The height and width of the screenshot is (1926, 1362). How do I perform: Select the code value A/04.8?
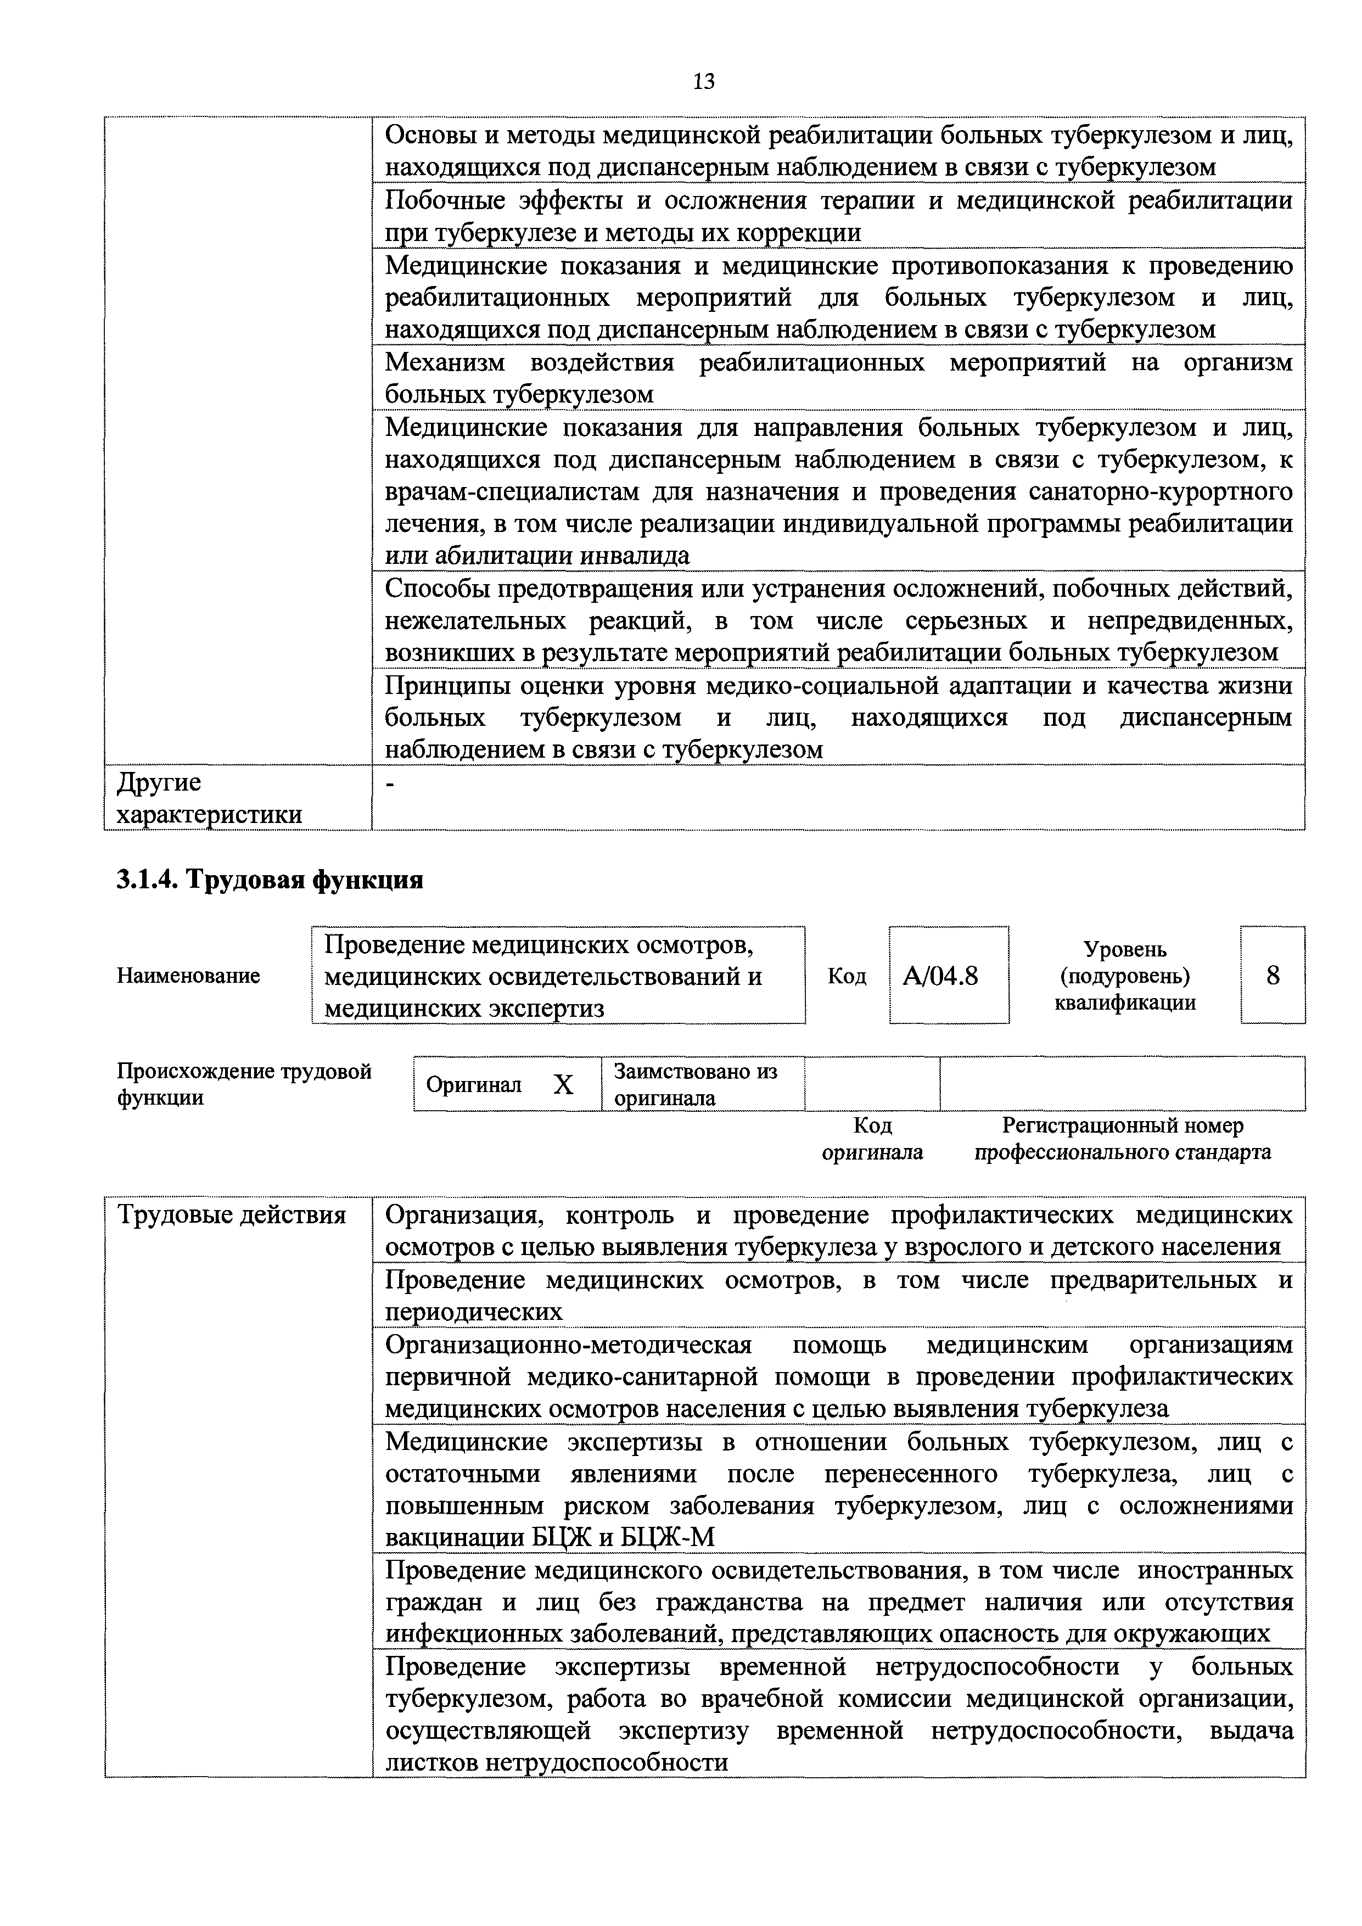point(940,976)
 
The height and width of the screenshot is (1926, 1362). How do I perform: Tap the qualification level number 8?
point(1273,976)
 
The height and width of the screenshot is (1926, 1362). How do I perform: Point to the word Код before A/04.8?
point(846,976)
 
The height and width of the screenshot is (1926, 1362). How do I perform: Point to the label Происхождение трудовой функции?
point(243,1084)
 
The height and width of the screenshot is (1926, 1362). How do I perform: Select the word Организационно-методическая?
point(568,1345)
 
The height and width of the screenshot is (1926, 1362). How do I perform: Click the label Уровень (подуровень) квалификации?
point(1125,976)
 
